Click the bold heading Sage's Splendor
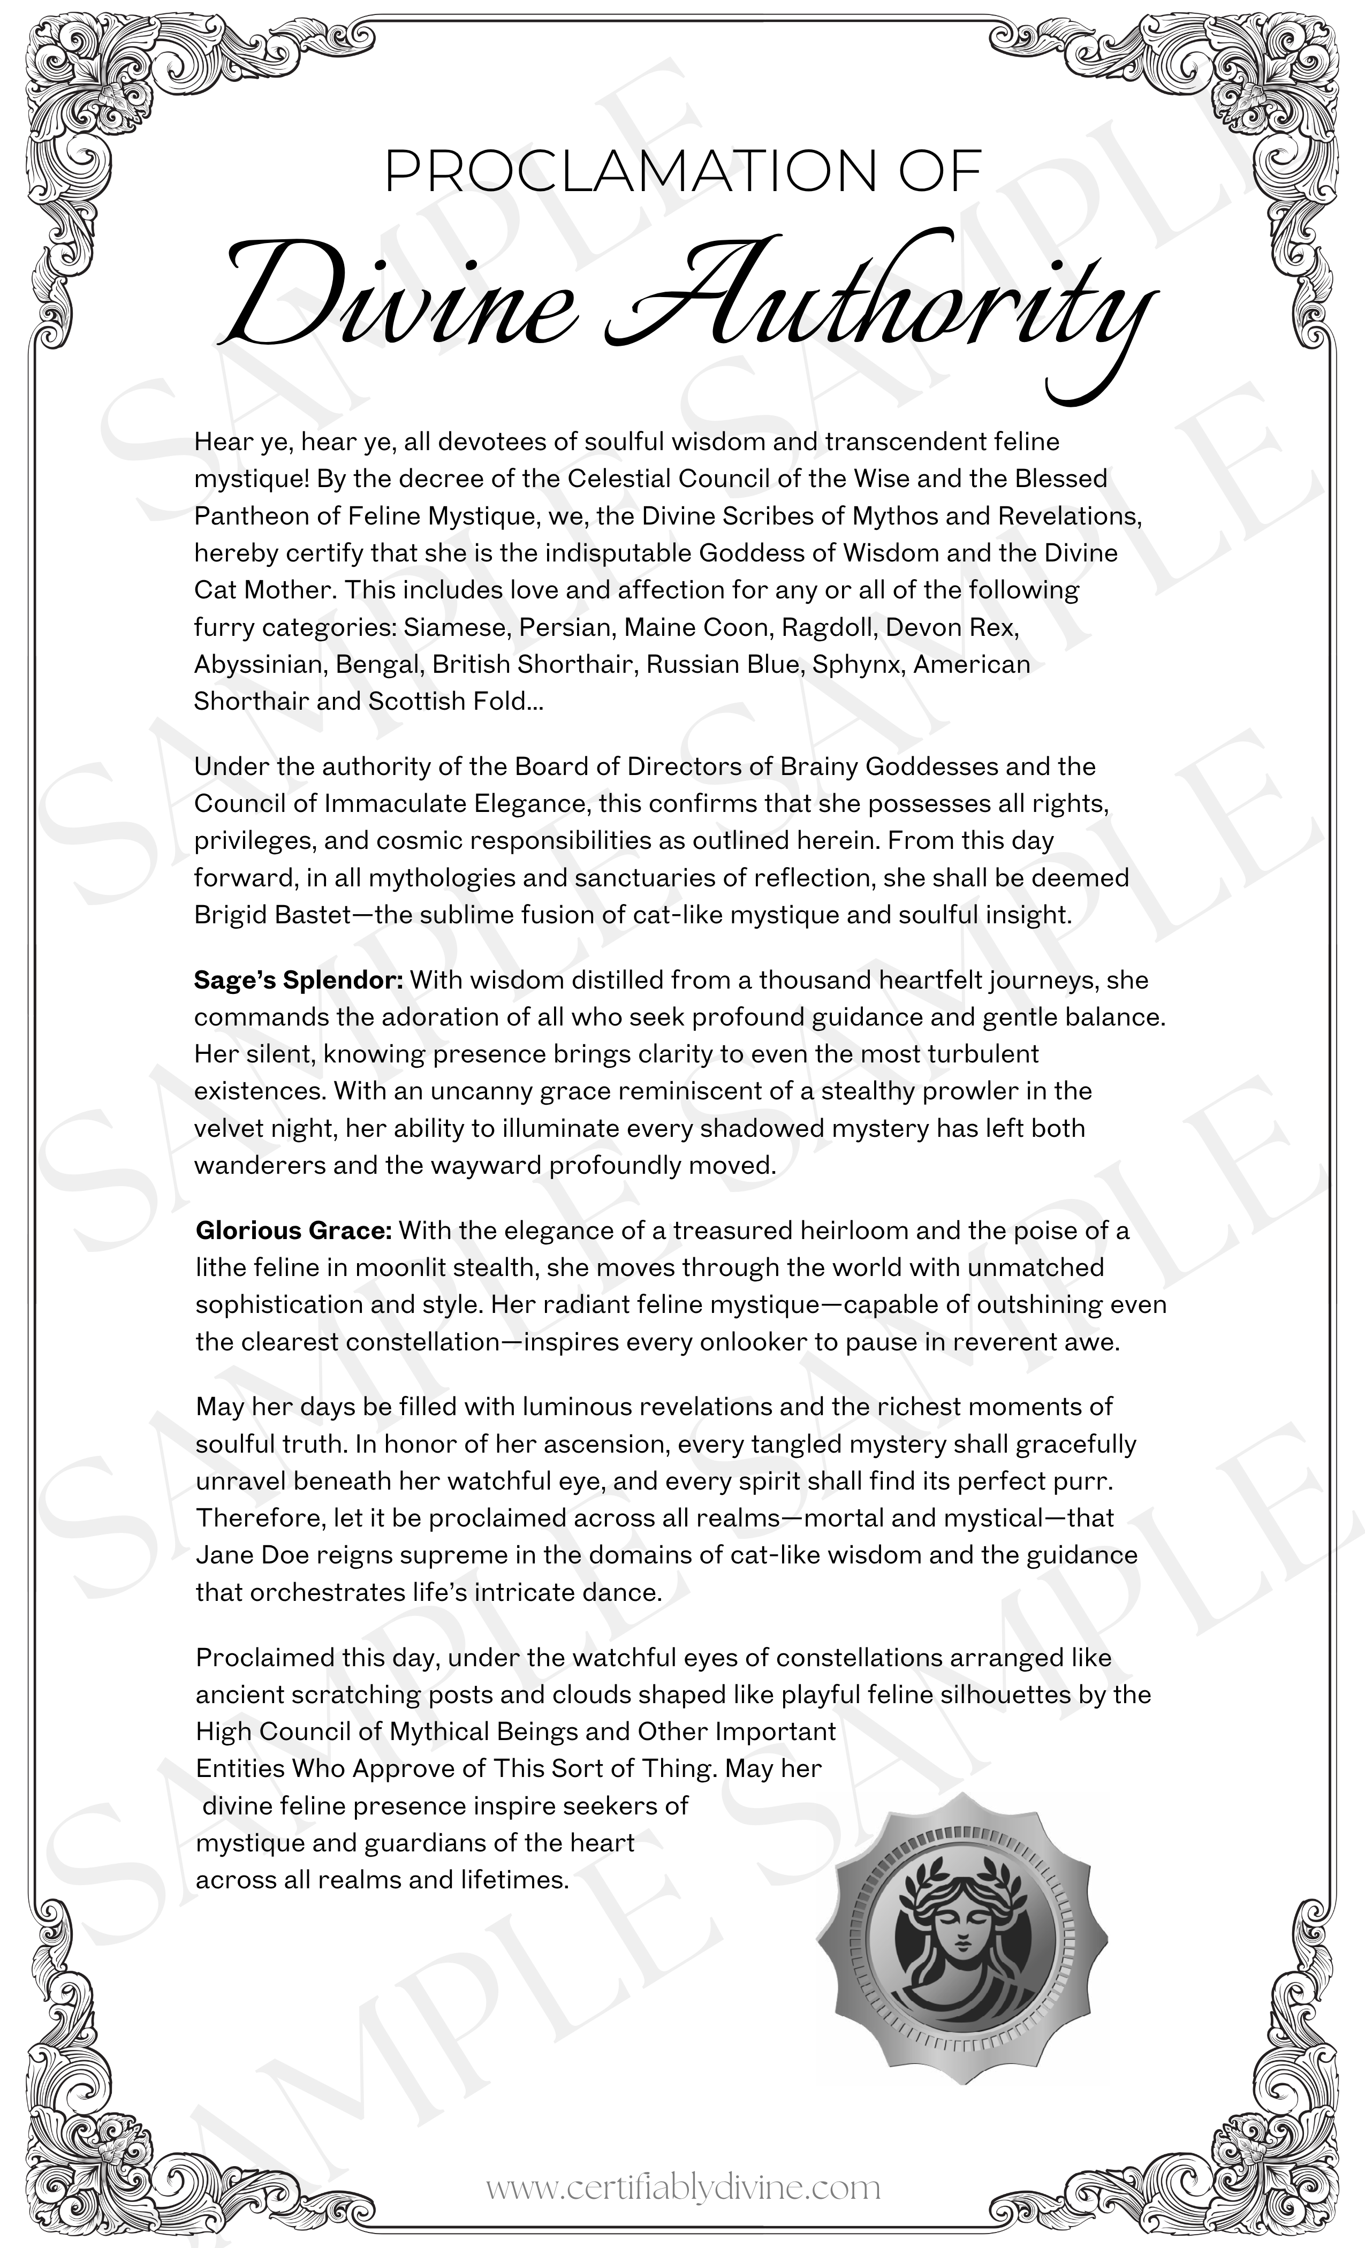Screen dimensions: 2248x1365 298,981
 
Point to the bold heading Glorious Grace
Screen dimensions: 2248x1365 294,1231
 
